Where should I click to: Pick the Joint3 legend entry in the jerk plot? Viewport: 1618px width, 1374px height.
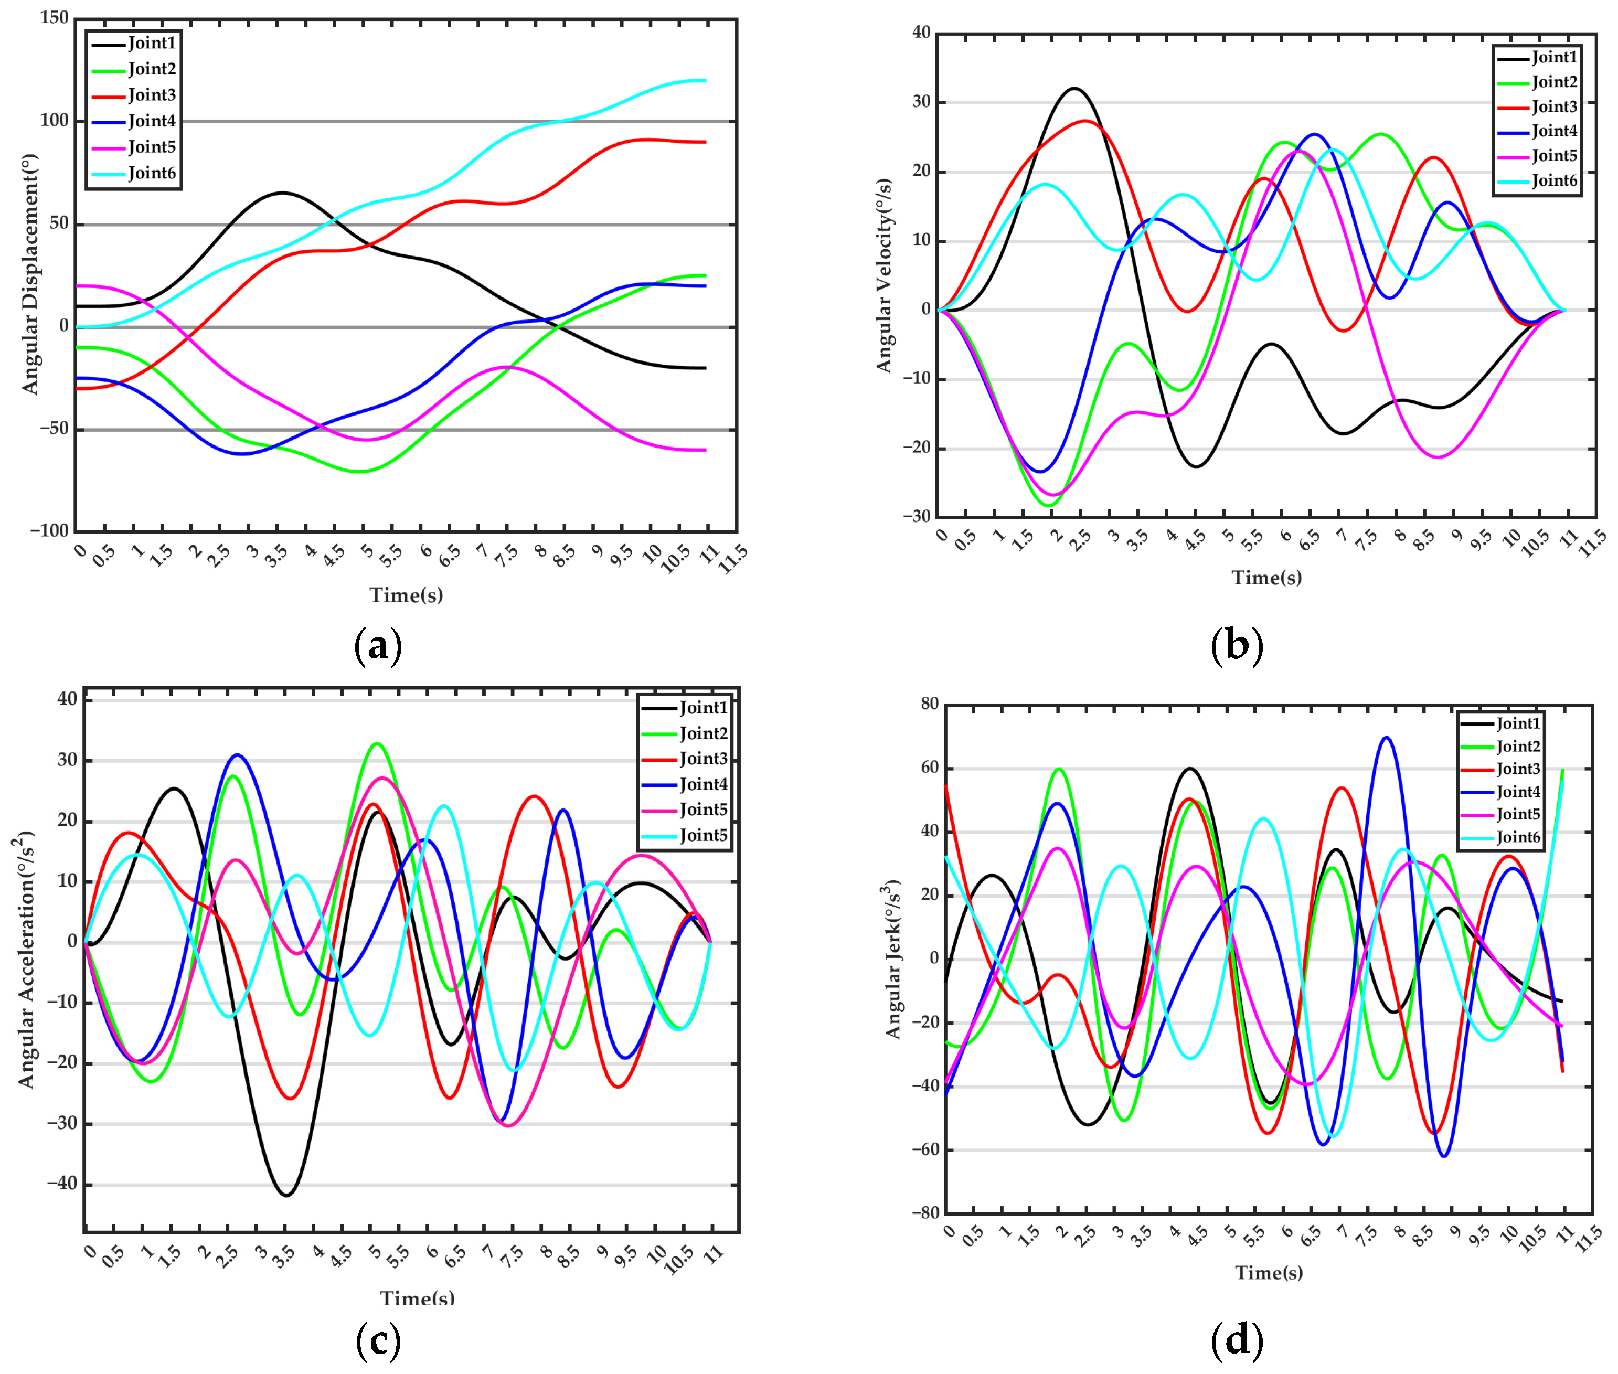(x=1517, y=769)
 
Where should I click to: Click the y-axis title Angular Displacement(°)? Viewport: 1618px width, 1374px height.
(x=29, y=274)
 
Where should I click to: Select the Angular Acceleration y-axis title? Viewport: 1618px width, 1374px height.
(x=27, y=960)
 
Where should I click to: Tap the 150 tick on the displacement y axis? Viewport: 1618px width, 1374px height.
(x=55, y=18)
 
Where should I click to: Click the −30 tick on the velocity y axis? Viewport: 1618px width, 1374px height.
(x=916, y=516)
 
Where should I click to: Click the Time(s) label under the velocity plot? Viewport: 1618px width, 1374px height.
(x=1266, y=577)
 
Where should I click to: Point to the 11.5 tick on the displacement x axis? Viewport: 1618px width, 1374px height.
(x=732, y=559)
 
